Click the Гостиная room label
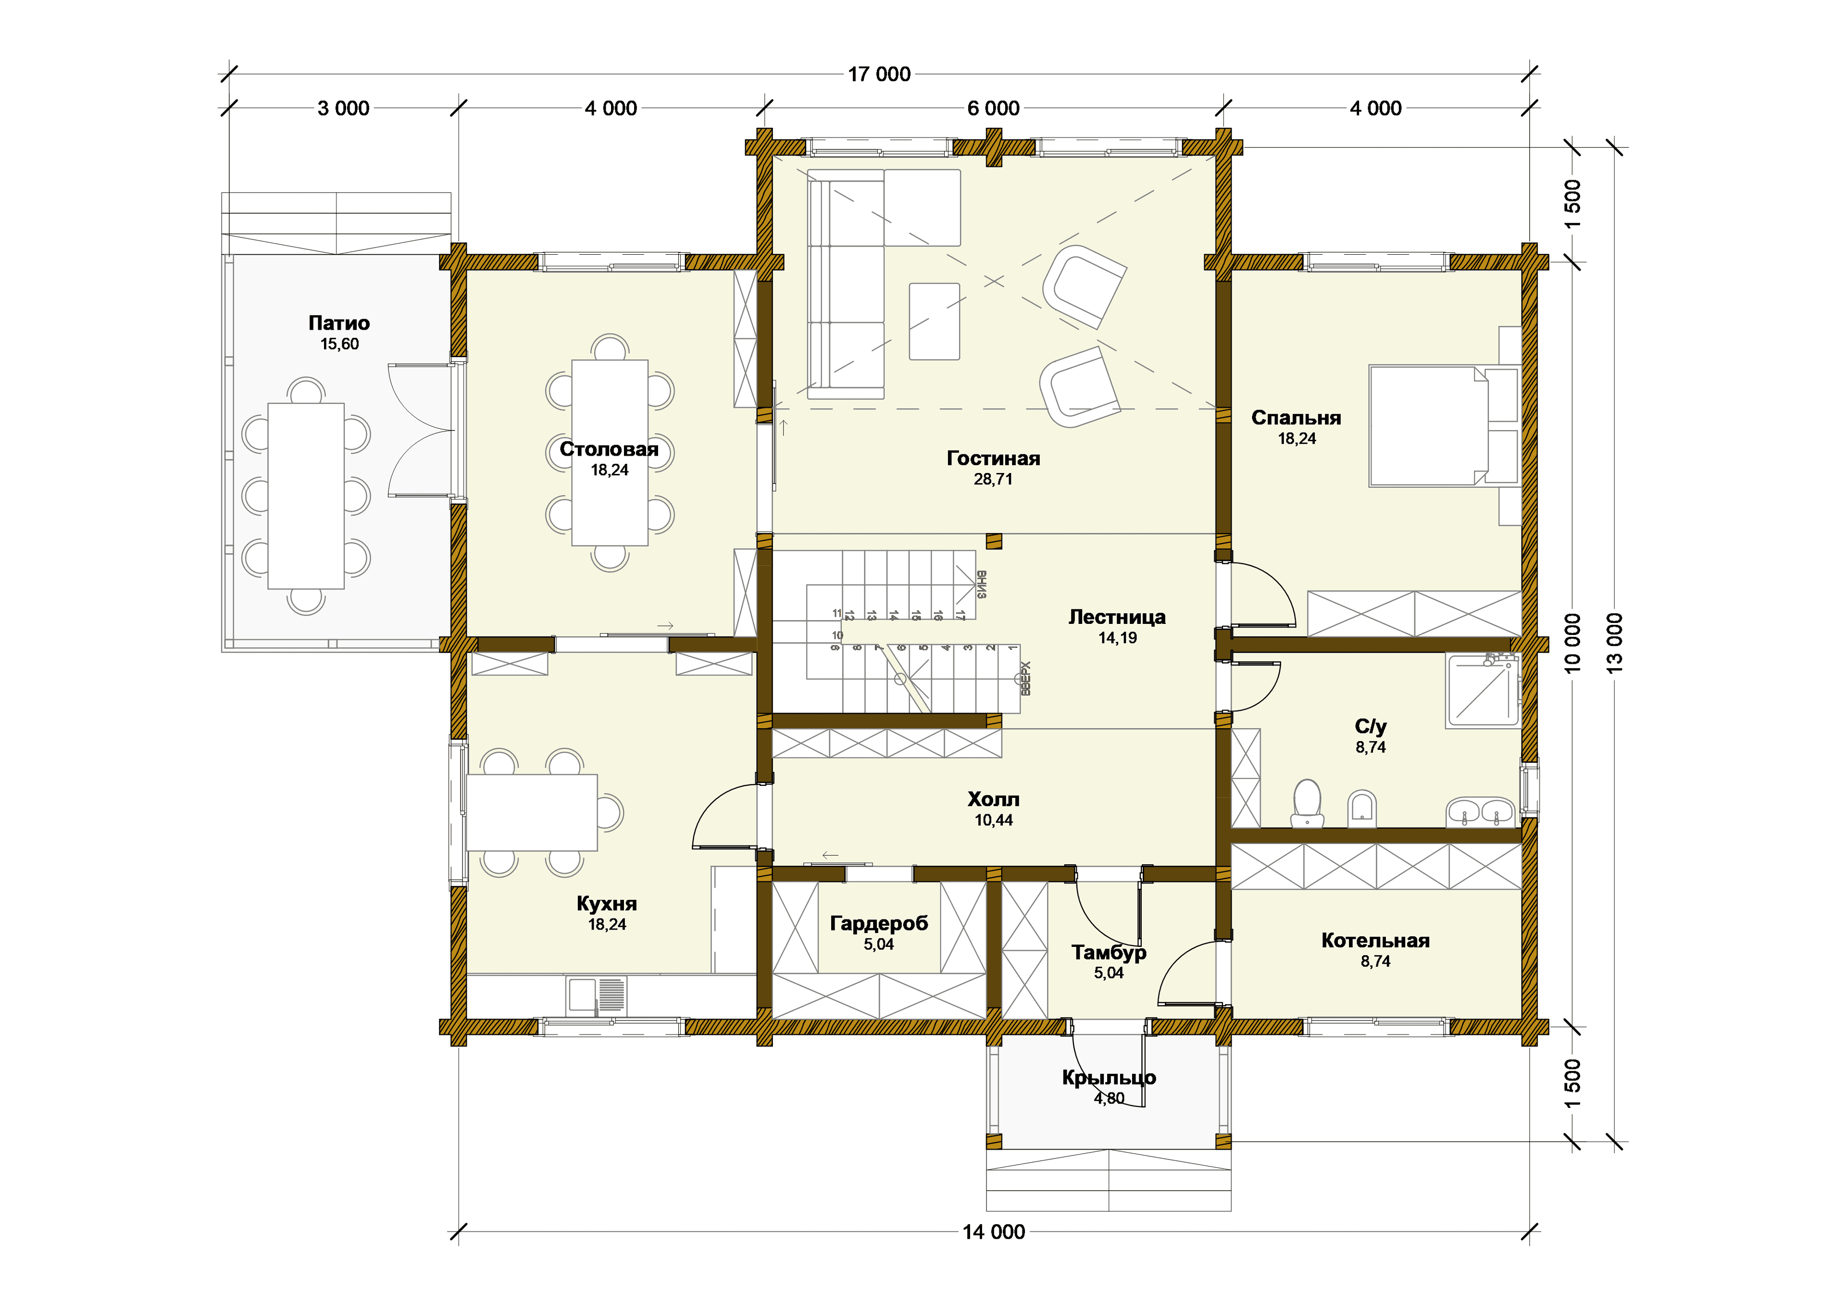(x=993, y=459)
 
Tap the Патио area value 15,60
(x=339, y=344)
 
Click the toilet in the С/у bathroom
(x=1307, y=802)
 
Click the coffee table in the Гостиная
(x=934, y=321)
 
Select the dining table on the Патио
(x=306, y=496)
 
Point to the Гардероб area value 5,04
(x=879, y=944)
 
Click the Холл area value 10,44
(x=994, y=820)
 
